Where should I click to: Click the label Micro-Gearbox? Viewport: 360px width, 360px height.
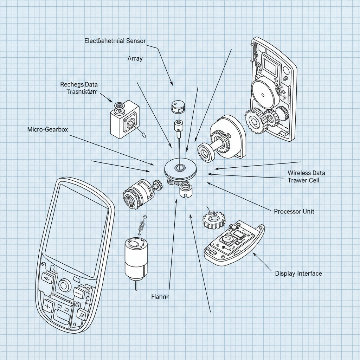click(x=48, y=129)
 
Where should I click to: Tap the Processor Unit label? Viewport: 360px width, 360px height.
click(x=294, y=211)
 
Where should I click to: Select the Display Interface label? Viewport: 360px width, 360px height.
click(x=298, y=273)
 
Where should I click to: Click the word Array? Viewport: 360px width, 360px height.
click(x=135, y=58)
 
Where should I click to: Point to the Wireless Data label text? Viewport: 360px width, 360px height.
click(x=306, y=173)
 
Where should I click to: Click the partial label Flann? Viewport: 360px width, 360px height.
click(x=160, y=296)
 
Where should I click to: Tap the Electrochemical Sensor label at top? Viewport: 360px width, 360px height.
click(x=115, y=41)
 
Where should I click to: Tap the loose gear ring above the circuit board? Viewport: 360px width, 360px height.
click(x=212, y=220)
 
